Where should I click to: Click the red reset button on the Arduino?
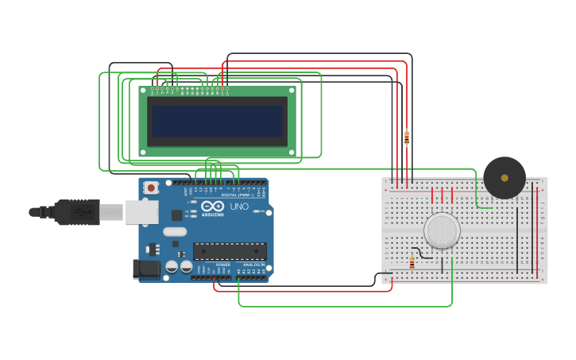coord(150,188)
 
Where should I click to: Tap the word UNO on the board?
coord(239,207)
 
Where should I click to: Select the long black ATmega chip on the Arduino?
coord(230,251)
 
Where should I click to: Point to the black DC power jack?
coord(145,269)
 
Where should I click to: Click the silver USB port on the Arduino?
coord(141,211)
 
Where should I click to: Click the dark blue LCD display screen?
coord(218,122)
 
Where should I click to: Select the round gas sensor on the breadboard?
coord(442,230)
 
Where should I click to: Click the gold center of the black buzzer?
coord(504,178)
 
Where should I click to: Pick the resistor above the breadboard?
coord(407,137)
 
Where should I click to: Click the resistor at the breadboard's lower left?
coord(412,263)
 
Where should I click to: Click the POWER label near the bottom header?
coord(223,264)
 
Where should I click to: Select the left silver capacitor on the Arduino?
coord(172,267)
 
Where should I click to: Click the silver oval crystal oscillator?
coord(175,232)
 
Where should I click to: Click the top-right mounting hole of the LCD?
coord(292,91)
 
